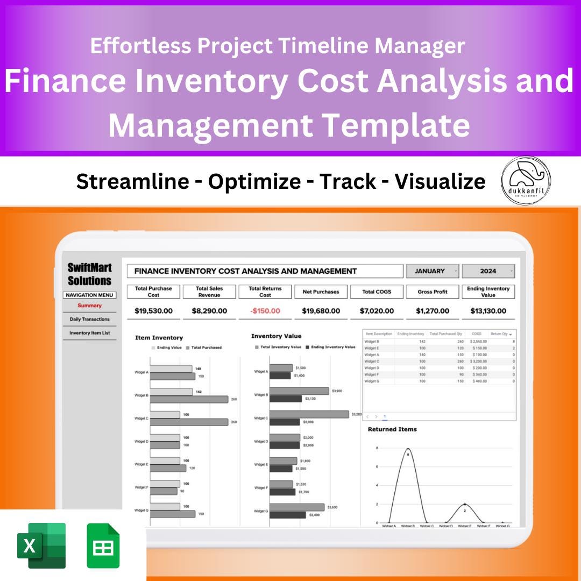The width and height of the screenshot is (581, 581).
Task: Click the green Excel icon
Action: tap(41, 545)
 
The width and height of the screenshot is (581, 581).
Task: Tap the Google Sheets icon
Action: tap(103, 545)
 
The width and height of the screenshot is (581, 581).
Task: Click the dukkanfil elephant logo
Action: tap(526, 180)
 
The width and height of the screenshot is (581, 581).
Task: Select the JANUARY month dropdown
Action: tap(433, 271)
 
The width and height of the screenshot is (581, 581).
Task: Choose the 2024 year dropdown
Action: tap(488, 271)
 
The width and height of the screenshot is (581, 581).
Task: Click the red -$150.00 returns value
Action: tap(265, 311)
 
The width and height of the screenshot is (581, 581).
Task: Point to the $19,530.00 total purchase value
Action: tap(153, 311)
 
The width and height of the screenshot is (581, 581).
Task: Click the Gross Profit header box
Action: tap(433, 292)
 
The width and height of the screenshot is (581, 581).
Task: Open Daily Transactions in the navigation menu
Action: tap(89, 319)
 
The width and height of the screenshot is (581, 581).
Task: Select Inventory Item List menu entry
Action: tap(89, 333)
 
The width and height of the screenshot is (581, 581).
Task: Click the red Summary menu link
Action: tap(89, 306)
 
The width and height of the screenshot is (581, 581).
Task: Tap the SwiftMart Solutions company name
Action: tap(89, 274)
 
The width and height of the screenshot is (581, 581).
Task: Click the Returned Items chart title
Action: tap(392, 429)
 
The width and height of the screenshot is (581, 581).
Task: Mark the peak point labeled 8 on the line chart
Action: tap(408, 449)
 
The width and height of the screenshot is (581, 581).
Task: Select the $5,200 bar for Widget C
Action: tap(309, 414)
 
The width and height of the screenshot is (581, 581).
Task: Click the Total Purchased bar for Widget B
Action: tap(189, 399)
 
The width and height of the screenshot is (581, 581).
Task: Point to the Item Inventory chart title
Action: tap(159, 338)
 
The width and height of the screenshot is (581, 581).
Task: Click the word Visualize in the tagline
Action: tap(440, 182)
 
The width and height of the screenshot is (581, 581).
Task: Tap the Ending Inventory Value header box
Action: tap(488, 292)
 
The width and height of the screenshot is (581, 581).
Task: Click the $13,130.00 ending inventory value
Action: tap(488, 311)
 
